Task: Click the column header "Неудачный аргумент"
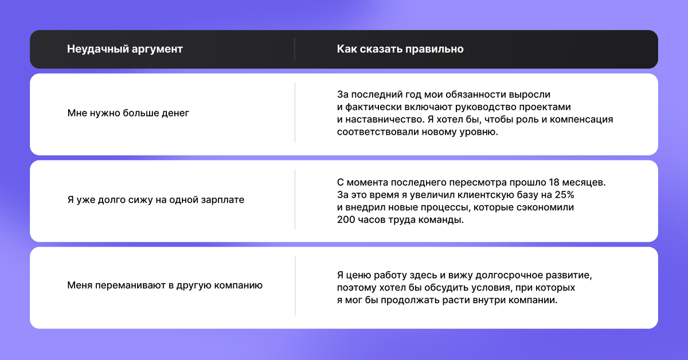pyautogui.click(x=125, y=49)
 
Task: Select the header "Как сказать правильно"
pyautogui.click(x=400, y=49)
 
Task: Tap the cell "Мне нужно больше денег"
pyautogui.click(x=128, y=113)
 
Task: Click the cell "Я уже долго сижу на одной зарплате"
pyautogui.click(x=156, y=200)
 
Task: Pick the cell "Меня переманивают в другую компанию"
pyautogui.click(x=165, y=285)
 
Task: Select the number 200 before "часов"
pyautogui.click(x=346, y=221)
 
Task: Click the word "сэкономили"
pyautogui.click(x=541, y=208)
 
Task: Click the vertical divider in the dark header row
pyautogui.click(x=295, y=49)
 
